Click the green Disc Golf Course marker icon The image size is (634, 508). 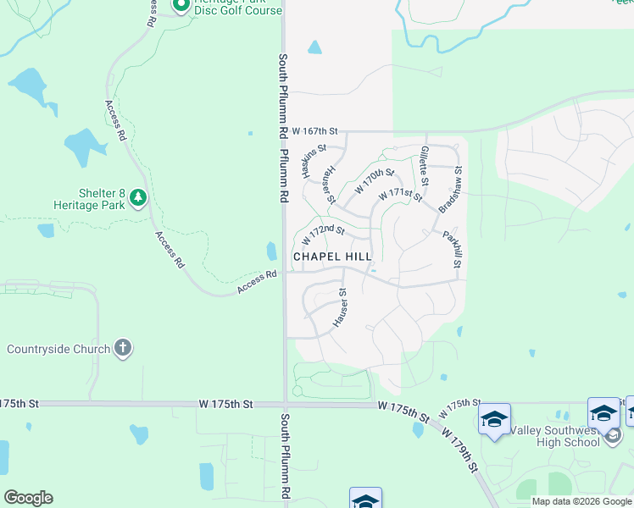[181, 4]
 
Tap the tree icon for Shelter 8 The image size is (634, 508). [138, 198]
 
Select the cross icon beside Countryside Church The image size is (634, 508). [123, 348]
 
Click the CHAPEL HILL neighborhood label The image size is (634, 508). [332, 256]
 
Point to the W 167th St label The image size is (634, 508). [315, 131]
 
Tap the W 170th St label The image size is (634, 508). [375, 181]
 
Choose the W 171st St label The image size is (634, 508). [400, 195]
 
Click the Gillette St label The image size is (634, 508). [422, 165]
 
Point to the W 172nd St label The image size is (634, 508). [322, 231]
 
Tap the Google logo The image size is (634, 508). [28, 498]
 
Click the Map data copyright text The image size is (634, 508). [582, 501]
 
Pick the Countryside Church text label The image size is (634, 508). [58, 349]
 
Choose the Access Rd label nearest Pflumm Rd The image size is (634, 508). [258, 282]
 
